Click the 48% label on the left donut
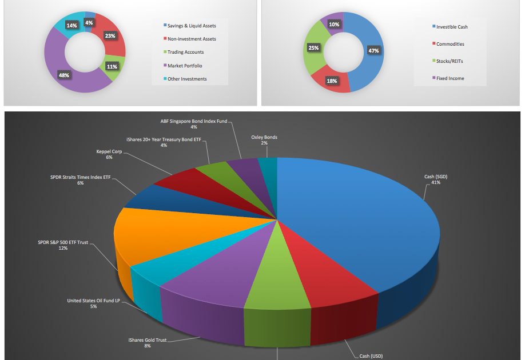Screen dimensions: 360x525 click(64, 75)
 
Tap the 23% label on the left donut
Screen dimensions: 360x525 click(110, 35)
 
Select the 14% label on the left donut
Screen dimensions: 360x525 click(71, 25)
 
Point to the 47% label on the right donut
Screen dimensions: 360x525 click(373, 51)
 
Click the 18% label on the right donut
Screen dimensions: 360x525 click(331, 81)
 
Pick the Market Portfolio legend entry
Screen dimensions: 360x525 click(185, 66)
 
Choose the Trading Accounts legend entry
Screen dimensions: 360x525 click(186, 53)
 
